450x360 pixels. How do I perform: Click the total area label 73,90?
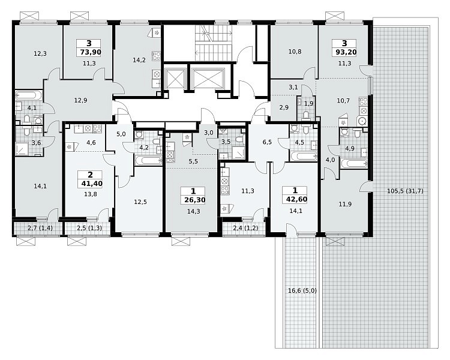(89, 52)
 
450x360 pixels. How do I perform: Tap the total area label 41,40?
(91, 183)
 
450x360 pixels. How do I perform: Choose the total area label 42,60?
(295, 199)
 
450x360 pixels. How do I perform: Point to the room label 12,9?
(80, 100)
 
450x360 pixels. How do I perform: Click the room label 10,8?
(295, 52)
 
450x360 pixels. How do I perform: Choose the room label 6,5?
(267, 142)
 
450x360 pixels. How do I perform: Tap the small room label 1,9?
(308, 104)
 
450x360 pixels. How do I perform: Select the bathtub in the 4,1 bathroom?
(28, 95)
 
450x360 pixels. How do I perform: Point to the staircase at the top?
(213, 43)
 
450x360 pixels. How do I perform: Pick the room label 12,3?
(40, 53)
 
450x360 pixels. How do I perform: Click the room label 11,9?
(345, 204)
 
